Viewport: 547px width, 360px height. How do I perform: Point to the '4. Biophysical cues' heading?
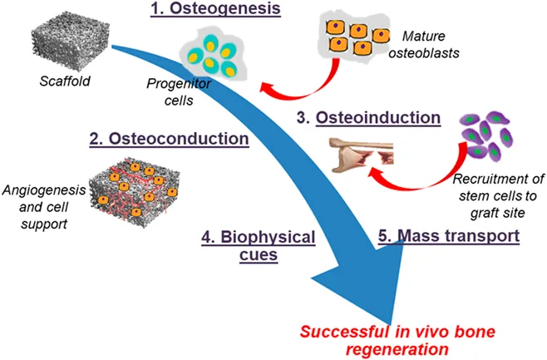(x=259, y=245)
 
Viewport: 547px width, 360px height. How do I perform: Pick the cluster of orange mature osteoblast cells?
(x=355, y=37)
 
